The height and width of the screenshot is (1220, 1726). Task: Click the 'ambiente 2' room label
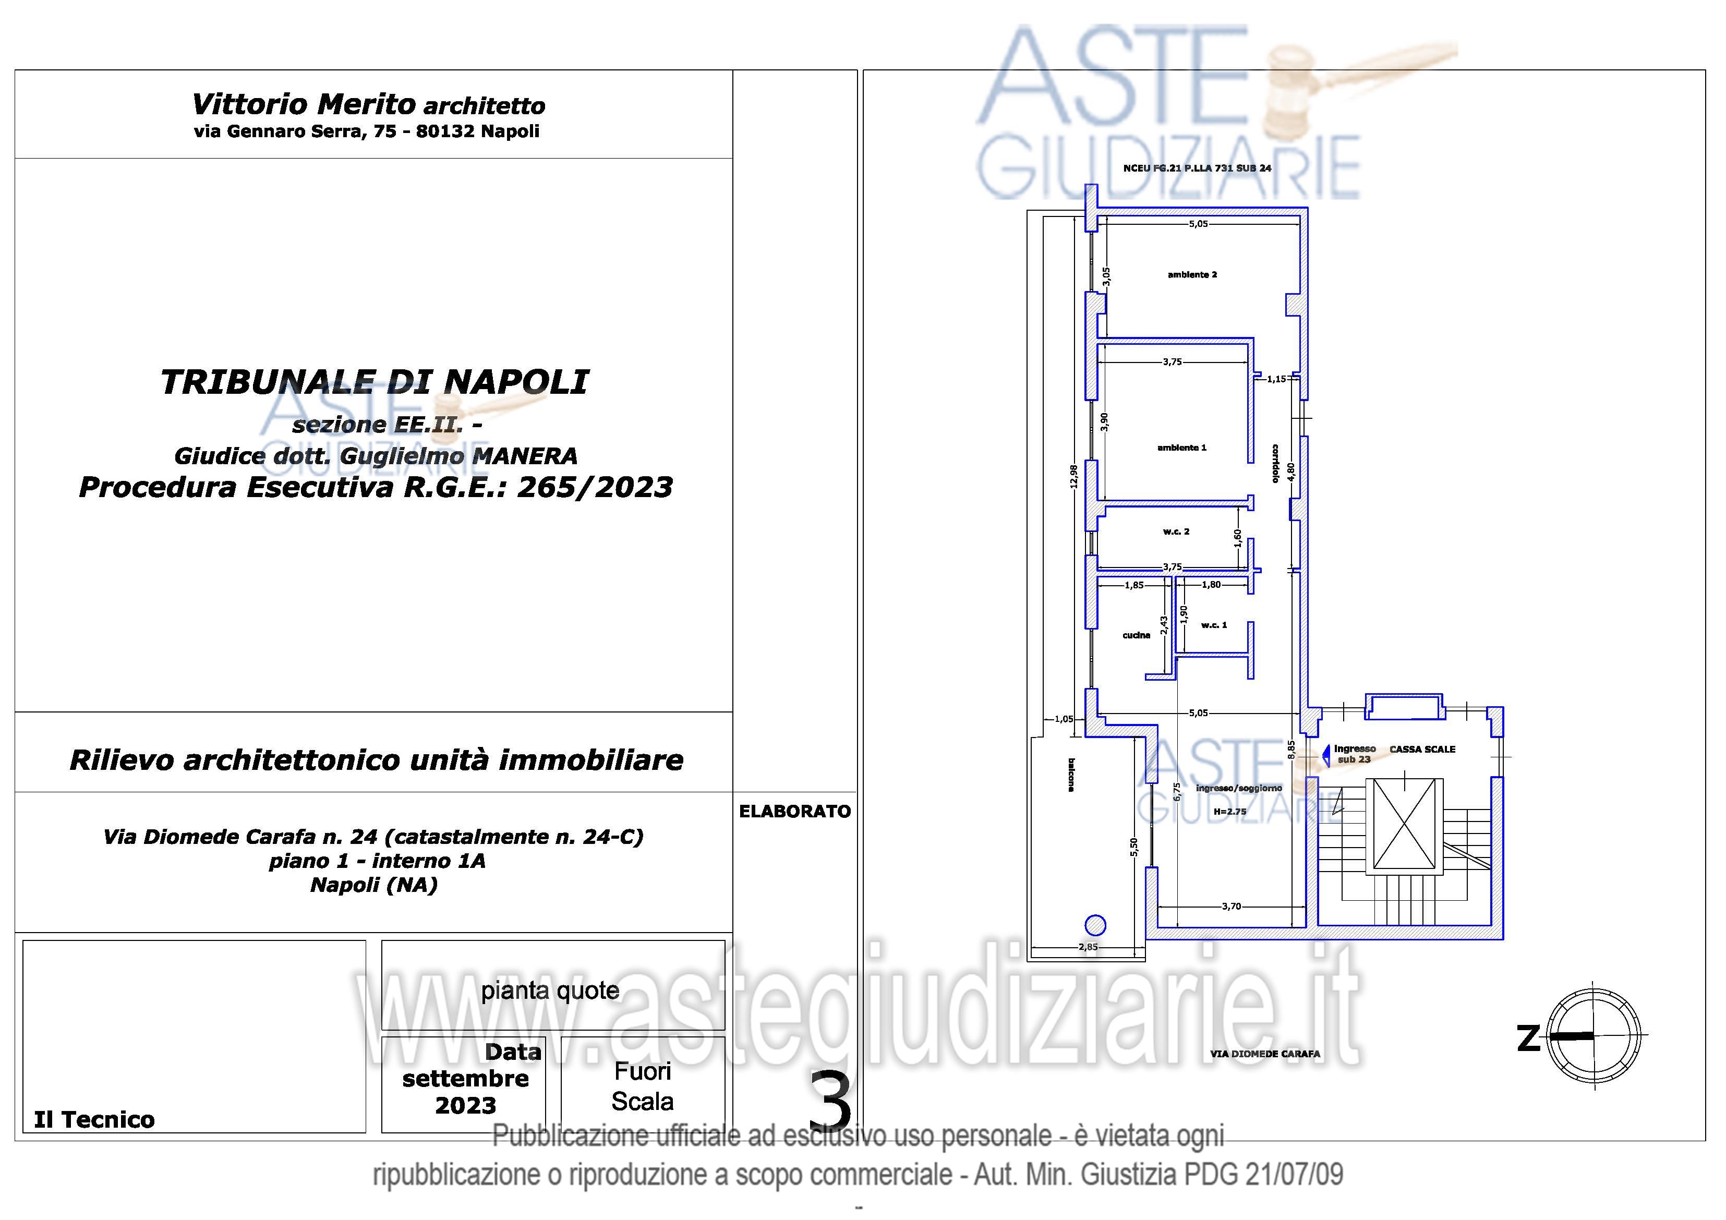1192,274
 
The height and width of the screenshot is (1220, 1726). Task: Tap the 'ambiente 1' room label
1182,447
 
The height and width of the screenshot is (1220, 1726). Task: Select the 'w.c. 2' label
1176,532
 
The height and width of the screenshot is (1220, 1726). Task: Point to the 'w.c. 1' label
1214,625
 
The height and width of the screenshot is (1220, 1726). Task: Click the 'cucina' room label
1136,635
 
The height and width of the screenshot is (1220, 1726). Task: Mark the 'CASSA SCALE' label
1422,750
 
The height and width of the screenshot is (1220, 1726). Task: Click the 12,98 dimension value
1073,476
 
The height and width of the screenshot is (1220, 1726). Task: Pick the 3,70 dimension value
1232,907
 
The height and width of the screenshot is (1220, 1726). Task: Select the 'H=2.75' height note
1230,812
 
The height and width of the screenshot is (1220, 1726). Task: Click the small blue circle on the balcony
1096,925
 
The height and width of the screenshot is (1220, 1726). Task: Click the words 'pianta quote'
550,991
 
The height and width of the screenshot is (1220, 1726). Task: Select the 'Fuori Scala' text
643,1086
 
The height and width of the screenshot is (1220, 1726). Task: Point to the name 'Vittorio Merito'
304,104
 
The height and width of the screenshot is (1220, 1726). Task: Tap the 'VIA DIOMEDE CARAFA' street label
1265,1054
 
